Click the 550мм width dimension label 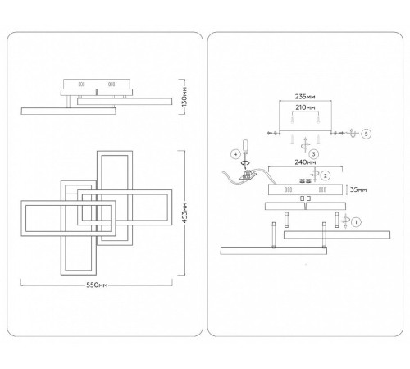click(x=97, y=285)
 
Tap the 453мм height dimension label click(x=184, y=212)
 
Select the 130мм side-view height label click(x=184, y=97)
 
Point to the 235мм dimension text click(x=305, y=97)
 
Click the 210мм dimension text click(x=305, y=107)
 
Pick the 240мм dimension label click(x=305, y=162)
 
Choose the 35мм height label click(x=358, y=189)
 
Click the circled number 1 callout click(x=356, y=222)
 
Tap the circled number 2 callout click(x=325, y=175)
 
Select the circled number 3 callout click(x=313, y=154)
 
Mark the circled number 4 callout click(x=235, y=154)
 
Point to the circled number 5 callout click(x=367, y=134)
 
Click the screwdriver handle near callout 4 click(x=245, y=146)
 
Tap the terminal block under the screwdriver click(x=248, y=175)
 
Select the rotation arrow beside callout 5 click(x=353, y=133)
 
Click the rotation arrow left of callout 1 click(x=345, y=221)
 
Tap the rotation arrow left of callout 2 click(x=315, y=174)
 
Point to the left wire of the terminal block click(x=231, y=178)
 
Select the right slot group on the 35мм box click(x=322, y=189)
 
